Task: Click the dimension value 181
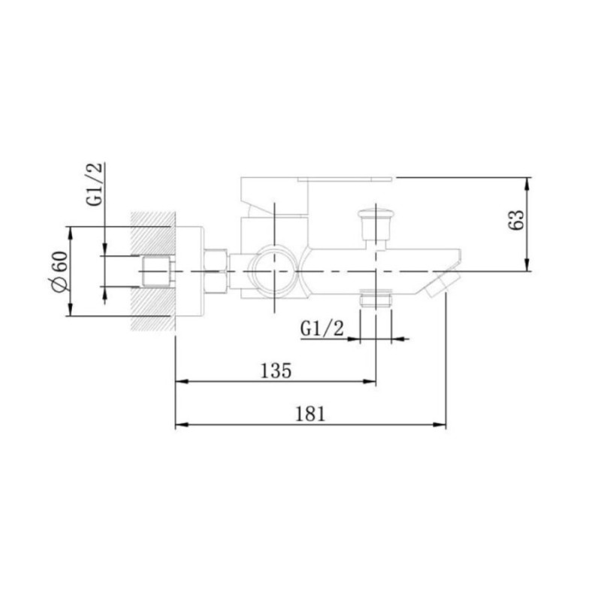point(310,414)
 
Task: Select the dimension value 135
point(276,370)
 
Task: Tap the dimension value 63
point(516,220)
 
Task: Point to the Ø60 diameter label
point(60,272)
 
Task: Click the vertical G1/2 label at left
point(95,184)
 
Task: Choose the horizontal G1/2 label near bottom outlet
point(322,329)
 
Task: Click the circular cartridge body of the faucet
point(271,271)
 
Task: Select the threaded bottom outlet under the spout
point(376,299)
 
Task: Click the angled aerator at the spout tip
point(442,284)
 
